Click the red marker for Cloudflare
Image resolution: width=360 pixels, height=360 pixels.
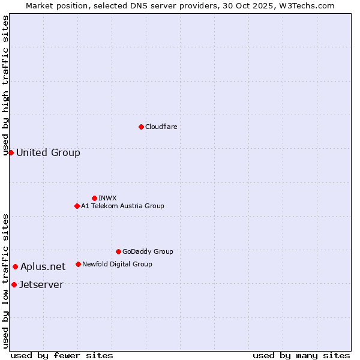pos(141,127)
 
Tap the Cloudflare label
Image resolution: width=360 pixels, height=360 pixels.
pos(161,127)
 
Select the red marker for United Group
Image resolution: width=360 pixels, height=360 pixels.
pos(11,152)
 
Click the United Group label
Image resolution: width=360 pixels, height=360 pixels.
pos(48,152)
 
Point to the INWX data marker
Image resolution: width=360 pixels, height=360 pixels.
pos(94,198)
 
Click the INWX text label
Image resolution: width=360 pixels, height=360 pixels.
pos(107,198)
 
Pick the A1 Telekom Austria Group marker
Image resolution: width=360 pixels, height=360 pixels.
pos(77,206)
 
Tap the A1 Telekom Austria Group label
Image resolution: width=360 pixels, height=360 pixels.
pos(122,206)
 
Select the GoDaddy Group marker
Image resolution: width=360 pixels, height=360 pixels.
pos(118,251)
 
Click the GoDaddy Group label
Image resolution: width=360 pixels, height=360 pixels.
pos(148,251)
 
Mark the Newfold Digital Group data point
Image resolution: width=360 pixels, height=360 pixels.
pos(78,264)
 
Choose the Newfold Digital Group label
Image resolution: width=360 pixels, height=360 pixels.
pos(117,264)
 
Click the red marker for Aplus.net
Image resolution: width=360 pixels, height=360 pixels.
pos(15,266)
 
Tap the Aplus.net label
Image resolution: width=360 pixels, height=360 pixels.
pos(43,266)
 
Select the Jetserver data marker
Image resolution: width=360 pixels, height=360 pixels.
pos(14,284)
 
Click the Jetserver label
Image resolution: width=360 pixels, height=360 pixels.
pos(41,284)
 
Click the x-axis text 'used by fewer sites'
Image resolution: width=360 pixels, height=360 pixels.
pos(62,355)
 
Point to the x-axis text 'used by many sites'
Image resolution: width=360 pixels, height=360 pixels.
pos(301,355)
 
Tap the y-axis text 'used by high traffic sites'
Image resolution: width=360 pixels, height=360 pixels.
pos(6,85)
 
